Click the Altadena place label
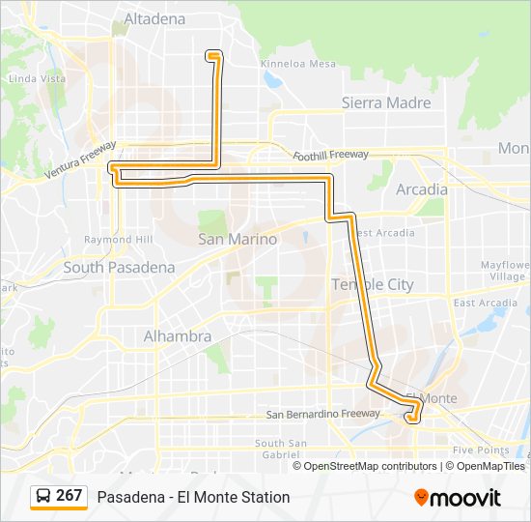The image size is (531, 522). [x=154, y=17]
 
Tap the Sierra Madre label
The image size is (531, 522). [x=386, y=102]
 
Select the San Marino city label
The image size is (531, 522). [x=238, y=239]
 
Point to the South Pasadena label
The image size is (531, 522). [x=119, y=267]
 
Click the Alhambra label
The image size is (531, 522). [x=177, y=336]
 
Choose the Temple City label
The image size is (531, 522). [x=372, y=284]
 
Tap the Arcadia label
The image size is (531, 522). [x=422, y=189]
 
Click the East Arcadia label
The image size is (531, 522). [x=486, y=303]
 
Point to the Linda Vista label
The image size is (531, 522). [x=36, y=78]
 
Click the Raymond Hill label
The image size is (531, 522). [x=119, y=240]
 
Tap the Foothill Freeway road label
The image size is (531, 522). [x=331, y=155]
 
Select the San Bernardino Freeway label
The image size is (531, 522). [x=323, y=415]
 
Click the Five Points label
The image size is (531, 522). [x=480, y=449]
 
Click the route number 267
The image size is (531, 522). [x=70, y=496]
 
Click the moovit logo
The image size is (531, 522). [x=458, y=497]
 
